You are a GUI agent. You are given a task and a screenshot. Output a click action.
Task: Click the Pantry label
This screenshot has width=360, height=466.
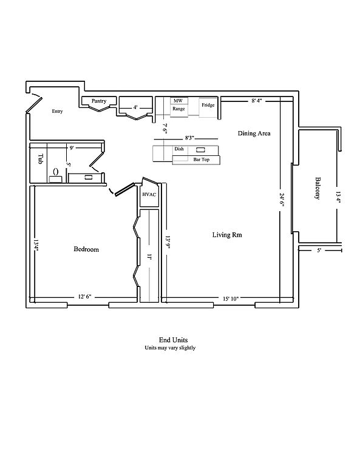[x=99, y=101]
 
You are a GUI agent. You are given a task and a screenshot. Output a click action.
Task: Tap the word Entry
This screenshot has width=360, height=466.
[x=58, y=111]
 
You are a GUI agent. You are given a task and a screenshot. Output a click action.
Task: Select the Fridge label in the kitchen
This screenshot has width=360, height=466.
[x=208, y=105]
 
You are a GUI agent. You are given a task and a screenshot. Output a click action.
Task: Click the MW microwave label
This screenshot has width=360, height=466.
[x=178, y=101]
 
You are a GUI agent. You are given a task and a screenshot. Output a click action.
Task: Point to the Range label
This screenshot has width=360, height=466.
[x=178, y=109]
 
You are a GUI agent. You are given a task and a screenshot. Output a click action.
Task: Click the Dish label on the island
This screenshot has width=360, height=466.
[x=179, y=149]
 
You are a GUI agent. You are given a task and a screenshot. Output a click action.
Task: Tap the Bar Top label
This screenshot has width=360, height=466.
[x=202, y=160]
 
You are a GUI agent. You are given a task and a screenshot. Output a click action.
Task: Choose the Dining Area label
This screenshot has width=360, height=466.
[x=254, y=133]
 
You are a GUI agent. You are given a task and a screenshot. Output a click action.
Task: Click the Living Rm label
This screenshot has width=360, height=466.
[x=227, y=235]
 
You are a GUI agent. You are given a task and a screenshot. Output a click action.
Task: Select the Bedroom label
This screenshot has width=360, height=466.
[x=86, y=249]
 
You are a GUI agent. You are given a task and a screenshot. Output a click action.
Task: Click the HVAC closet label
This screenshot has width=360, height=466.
[x=149, y=195]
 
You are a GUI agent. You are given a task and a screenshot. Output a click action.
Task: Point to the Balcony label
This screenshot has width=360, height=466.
[x=318, y=188]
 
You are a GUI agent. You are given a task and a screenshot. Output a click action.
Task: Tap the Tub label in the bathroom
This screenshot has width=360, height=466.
[x=41, y=159]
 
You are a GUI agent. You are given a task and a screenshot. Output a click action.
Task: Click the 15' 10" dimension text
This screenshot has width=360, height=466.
[x=231, y=299]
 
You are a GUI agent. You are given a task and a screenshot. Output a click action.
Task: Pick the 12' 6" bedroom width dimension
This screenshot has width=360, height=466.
[x=85, y=297]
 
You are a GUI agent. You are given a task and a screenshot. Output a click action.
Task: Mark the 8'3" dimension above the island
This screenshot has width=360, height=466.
[x=189, y=138]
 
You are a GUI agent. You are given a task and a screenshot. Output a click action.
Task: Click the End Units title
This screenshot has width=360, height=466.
[x=173, y=340]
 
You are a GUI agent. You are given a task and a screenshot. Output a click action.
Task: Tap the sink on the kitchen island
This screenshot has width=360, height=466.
[x=200, y=150]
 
